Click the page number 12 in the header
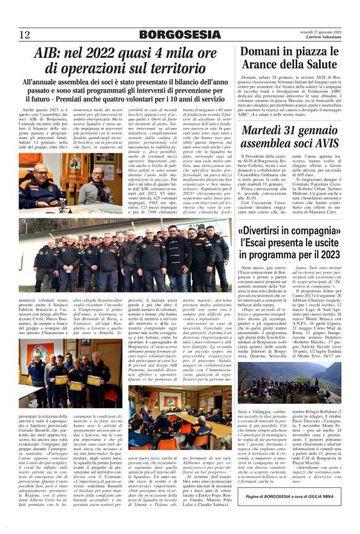(x=24, y=35)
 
